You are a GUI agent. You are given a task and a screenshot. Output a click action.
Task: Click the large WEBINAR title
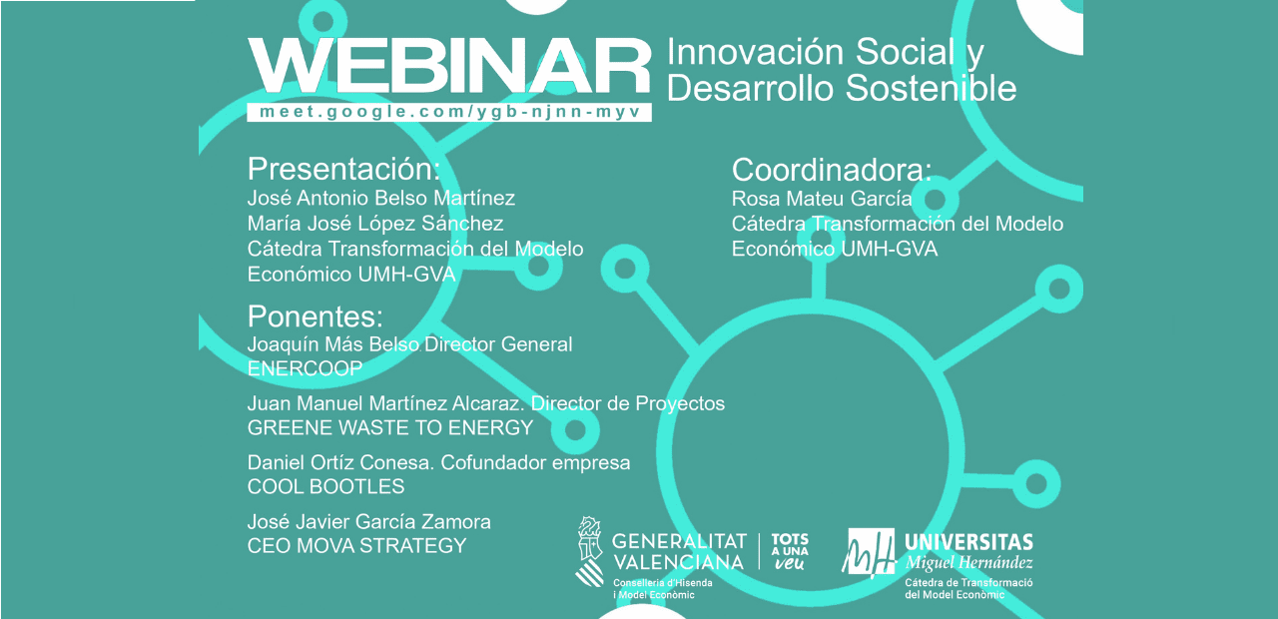pyautogui.click(x=449, y=66)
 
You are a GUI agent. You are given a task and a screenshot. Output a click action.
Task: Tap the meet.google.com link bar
pyautogui.click(x=449, y=112)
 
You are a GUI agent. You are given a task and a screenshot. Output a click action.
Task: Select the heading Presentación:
pyautogui.click(x=344, y=169)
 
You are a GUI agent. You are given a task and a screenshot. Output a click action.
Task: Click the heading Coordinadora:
pyautogui.click(x=832, y=170)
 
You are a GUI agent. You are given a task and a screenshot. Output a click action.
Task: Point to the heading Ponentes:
pyautogui.click(x=315, y=316)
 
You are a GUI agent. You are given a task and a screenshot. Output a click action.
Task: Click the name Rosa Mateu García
pyautogui.click(x=822, y=199)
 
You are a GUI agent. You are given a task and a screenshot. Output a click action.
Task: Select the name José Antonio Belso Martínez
pyautogui.click(x=381, y=198)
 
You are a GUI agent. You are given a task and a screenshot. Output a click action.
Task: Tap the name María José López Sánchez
pyautogui.click(x=375, y=224)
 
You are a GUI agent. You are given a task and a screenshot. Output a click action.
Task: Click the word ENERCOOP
pyautogui.click(x=306, y=368)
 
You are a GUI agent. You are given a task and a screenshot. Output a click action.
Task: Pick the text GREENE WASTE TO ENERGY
pyautogui.click(x=390, y=428)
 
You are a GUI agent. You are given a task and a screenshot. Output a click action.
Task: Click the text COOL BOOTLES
pyautogui.click(x=325, y=486)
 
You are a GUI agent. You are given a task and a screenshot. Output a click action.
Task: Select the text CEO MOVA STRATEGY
pyautogui.click(x=356, y=546)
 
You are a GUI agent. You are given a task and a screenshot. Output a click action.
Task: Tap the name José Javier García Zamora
pyautogui.click(x=369, y=522)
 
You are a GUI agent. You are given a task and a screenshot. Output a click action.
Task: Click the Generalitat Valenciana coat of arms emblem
pyautogui.click(x=590, y=552)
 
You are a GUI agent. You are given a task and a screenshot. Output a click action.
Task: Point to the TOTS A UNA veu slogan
pyautogui.click(x=790, y=552)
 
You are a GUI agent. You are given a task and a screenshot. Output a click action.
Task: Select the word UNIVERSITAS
pyautogui.click(x=968, y=542)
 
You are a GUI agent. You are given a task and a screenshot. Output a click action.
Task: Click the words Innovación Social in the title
pyautogui.click(x=811, y=52)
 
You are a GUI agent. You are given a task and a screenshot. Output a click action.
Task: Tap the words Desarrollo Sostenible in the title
pyautogui.click(x=842, y=88)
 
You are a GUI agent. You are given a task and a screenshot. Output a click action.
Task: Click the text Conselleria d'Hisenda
pyautogui.click(x=662, y=583)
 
